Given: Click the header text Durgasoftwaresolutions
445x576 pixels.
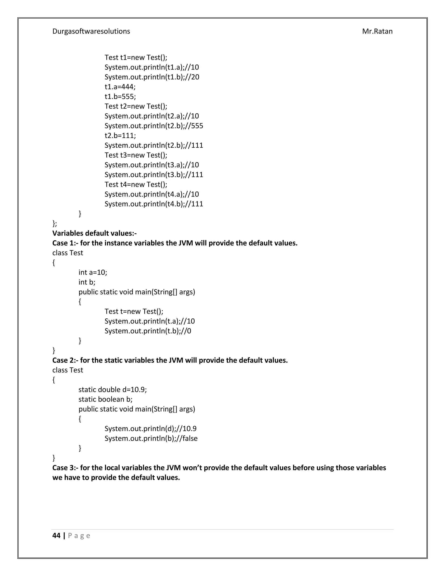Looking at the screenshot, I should click(x=91, y=31).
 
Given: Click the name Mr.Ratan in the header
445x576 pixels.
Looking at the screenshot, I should click(x=377, y=31).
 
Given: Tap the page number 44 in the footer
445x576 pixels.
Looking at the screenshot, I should click(x=56, y=536).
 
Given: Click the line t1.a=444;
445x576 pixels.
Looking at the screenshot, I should click(x=120, y=87).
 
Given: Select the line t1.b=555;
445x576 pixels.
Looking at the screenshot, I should click(x=120, y=97).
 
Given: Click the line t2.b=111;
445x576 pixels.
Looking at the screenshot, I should click(x=120, y=136).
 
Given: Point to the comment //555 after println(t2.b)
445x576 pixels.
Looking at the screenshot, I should click(x=196, y=126).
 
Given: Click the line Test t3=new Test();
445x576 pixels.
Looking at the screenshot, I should click(x=136, y=155).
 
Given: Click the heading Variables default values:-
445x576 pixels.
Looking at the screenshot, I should click(x=94, y=233).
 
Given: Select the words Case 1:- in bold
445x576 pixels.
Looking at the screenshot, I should click(x=65, y=243).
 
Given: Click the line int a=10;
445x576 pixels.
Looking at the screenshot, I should click(x=93, y=272).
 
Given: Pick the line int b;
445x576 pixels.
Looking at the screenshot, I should click(x=87, y=282).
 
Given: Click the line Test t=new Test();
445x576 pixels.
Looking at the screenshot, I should click(x=134, y=311).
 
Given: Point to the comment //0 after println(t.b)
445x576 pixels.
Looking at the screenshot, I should click(x=188, y=331).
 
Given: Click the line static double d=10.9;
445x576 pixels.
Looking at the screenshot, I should click(x=113, y=390).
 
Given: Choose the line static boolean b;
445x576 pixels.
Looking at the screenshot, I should click(x=105, y=399).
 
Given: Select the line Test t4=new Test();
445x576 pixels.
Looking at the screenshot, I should click(x=136, y=184).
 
